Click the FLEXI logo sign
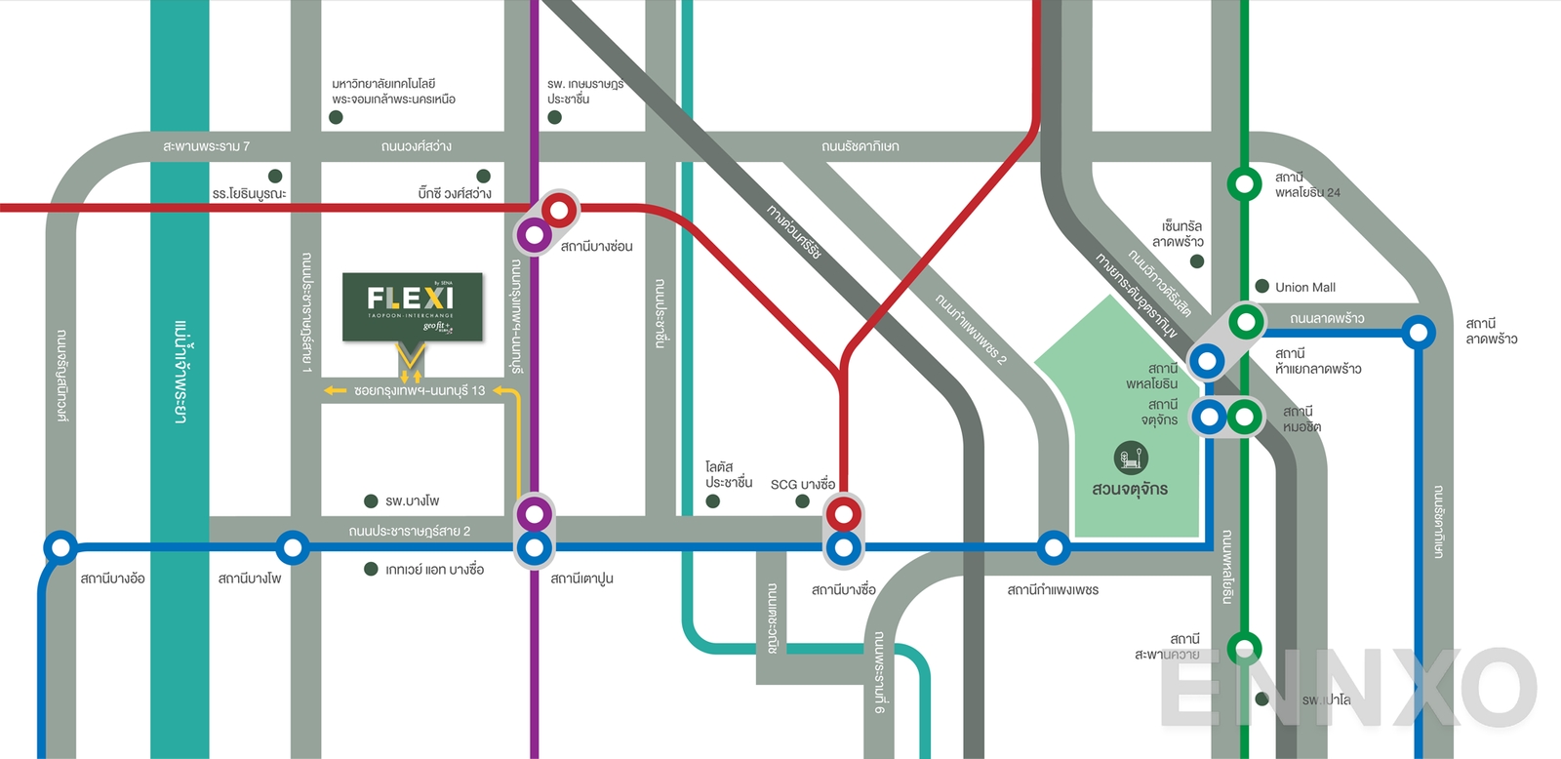point(412,305)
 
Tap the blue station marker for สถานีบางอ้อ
point(60,547)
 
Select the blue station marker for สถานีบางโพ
point(292,547)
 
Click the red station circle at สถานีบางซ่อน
point(559,209)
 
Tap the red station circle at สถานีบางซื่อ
point(844,513)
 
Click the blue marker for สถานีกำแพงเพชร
point(1053,547)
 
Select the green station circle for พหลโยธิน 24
point(1244,183)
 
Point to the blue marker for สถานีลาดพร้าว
point(1419,333)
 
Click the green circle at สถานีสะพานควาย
point(1244,648)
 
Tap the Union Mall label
point(1304,287)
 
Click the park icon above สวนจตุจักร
point(1131,457)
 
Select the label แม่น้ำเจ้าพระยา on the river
point(180,371)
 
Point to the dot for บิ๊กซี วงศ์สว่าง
point(483,177)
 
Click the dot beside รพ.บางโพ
point(371,501)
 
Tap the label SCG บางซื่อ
point(802,484)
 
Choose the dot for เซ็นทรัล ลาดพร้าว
point(1197,261)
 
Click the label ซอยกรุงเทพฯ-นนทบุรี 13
point(420,390)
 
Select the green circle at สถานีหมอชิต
point(1244,417)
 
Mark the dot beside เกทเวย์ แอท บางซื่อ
point(371,569)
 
